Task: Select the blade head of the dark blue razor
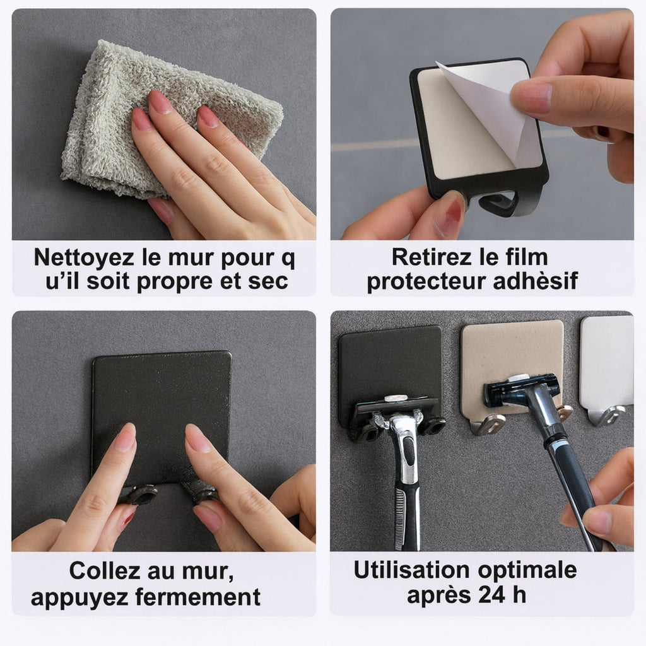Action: [x=521, y=389]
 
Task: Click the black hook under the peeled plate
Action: [x=502, y=204]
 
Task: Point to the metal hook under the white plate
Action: [x=606, y=414]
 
